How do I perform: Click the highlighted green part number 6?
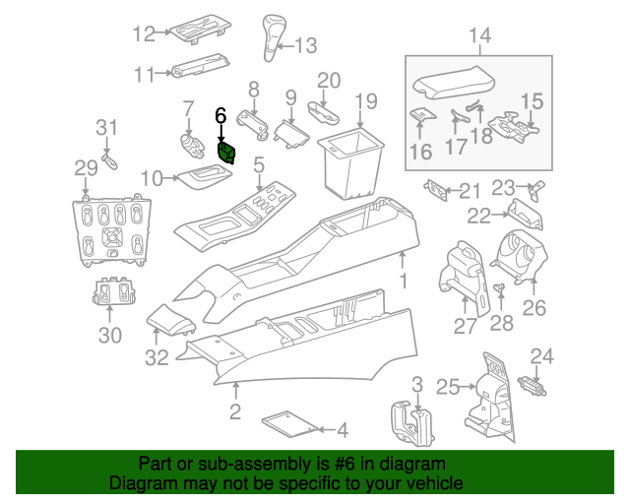227,152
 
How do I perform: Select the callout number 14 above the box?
479,37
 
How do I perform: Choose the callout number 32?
157,358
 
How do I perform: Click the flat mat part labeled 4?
292,424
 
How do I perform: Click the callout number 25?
448,388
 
